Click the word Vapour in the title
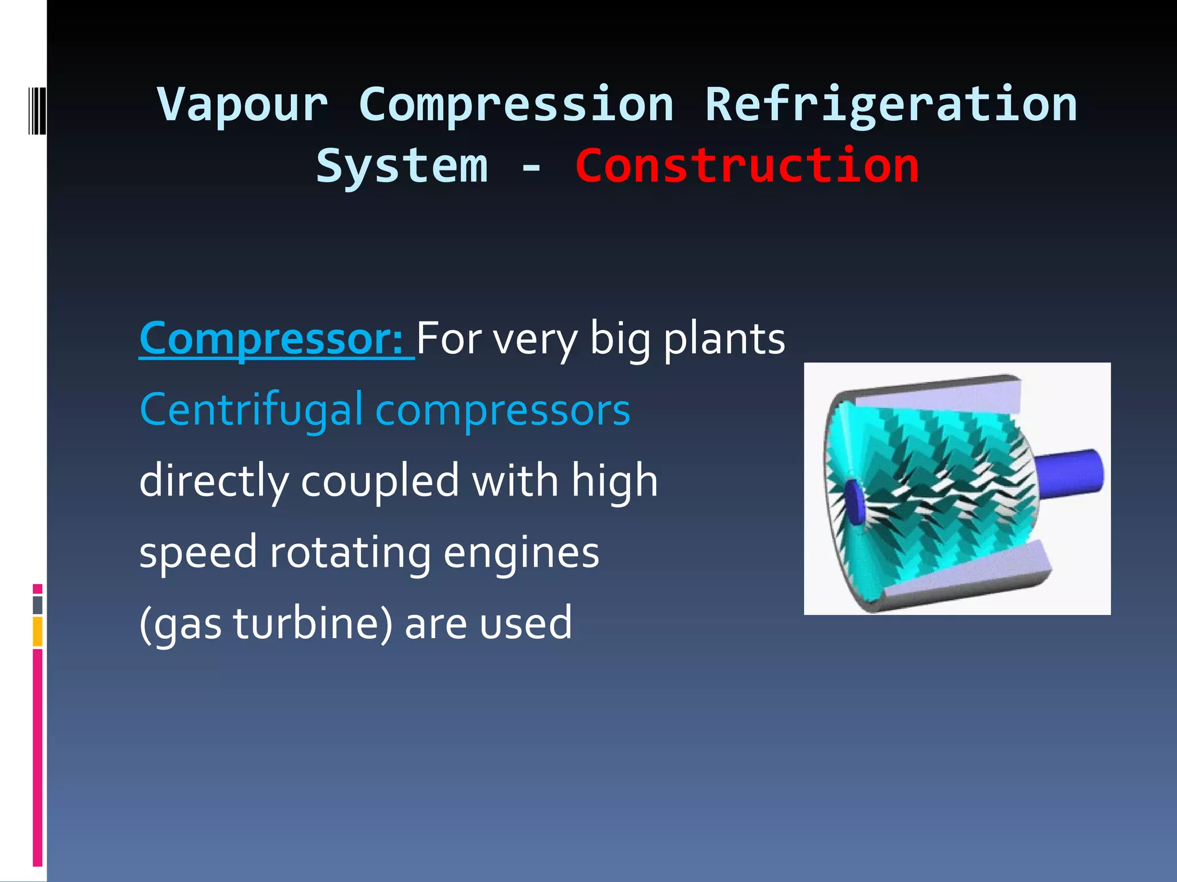click(x=243, y=105)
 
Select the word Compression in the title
click(x=516, y=105)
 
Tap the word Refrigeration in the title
click(x=890, y=105)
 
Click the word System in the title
click(x=402, y=167)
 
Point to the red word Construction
click(x=747, y=167)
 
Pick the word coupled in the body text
click(x=380, y=481)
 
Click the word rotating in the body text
click(x=350, y=552)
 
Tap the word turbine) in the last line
click(x=313, y=624)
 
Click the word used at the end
click(x=526, y=624)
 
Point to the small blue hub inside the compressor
click(x=855, y=503)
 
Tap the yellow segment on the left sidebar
click(x=37, y=632)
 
